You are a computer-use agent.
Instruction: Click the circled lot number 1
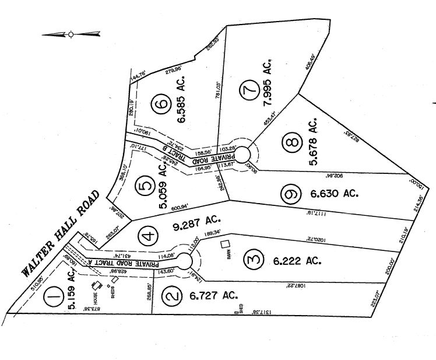(x=54, y=299)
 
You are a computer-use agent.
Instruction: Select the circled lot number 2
(x=170, y=296)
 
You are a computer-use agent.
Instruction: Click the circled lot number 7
(x=250, y=90)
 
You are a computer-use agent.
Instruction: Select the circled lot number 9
(x=290, y=194)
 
